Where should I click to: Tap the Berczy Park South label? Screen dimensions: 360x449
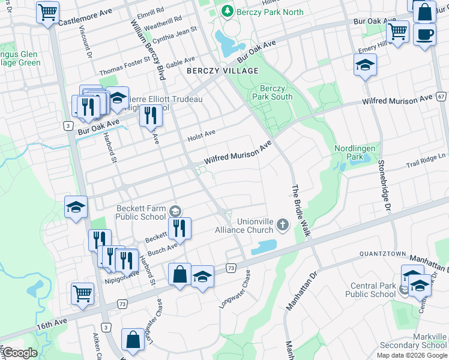point(273,92)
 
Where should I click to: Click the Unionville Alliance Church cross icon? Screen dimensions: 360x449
point(283,226)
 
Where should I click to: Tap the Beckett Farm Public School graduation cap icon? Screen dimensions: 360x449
point(175,210)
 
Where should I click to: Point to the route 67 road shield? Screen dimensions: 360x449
point(441,96)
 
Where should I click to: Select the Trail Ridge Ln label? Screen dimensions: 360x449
point(426,160)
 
